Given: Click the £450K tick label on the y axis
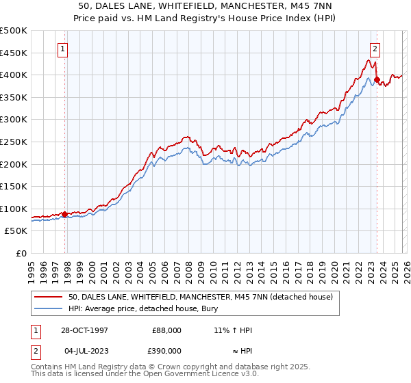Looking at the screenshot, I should pyautogui.click(x=14, y=53).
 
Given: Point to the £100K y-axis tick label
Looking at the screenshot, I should pyautogui.click(x=14, y=209).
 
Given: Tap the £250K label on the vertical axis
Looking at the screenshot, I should pyautogui.click(x=14, y=142).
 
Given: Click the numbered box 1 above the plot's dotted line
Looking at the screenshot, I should pyautogui.click(x=63, y=49).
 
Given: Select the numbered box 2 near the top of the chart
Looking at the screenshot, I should pyautogui.click(x=376, y=49).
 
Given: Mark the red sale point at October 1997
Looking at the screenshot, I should pyautogui.click(x=65, y=214).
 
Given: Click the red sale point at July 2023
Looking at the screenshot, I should pyautogui.click(x=377, y=79).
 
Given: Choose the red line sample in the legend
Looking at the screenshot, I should pyautogui.click(x=49, y=297).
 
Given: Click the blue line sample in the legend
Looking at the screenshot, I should pyautogui.click(x=49, y=308).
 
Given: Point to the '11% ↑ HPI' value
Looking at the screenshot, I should pyautogui.click(x=233, y=330).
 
